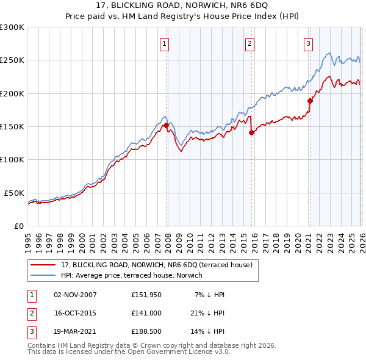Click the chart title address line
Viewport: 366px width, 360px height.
tap(183, 7)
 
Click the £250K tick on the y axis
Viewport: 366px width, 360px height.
tap(12, 60)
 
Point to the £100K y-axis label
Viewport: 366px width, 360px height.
tap(12, 159)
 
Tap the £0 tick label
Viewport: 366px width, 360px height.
tap(18, 226)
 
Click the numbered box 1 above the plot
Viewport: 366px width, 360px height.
tap(165, 43)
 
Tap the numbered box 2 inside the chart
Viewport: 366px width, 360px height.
tap(250, 43)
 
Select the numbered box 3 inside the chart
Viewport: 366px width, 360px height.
tap(308, 43)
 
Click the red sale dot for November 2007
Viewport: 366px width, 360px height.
tap(166, 125)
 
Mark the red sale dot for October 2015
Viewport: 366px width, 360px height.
tap(251, 132)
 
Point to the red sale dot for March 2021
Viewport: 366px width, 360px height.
tap(310, 101)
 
